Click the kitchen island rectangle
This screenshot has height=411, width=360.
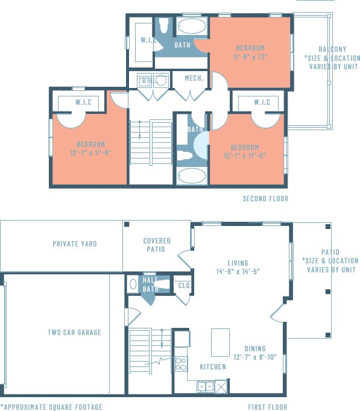click(220, 342)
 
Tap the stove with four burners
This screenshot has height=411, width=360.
click(181, 363)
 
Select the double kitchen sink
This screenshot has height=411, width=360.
click(206, 387)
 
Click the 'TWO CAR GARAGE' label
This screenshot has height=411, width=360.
click(75, 332)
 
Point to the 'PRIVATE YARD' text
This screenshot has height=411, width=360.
click(75, 244)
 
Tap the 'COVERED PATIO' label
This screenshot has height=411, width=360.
click(157, 245)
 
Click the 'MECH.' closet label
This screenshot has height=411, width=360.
click(193, 79)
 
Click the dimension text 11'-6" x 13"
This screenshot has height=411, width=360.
click(250, 57)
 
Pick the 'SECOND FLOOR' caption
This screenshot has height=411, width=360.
click(265, 199)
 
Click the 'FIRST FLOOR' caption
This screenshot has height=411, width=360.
click(268, 407)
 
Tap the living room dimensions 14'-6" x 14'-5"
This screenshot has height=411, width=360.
click(238, 272)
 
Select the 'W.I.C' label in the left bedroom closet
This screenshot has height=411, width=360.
click(83, 102)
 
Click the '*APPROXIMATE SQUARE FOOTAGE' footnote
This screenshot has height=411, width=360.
click(51, 407)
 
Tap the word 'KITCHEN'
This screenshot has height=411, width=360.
click(212, 367)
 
